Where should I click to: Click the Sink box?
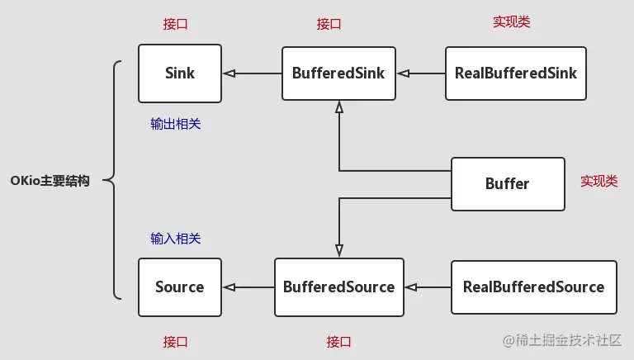(180, 73)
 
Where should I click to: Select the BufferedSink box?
(338, 73)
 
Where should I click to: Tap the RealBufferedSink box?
(516, 73)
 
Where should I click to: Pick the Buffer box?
(507, 183)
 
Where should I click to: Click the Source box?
(180, 287)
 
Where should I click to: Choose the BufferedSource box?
(338, 287)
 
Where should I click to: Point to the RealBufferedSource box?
(533, 287)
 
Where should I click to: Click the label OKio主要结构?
(50, 181)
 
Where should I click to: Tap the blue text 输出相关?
(176, 124)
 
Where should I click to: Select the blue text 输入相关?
(176, 239)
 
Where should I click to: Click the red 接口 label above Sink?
(176, 24)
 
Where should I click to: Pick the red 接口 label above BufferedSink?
(329, 24)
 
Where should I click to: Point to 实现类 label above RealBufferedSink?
(512, 22)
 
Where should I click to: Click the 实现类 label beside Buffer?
(599, 181)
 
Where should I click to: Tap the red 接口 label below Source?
(176, 341)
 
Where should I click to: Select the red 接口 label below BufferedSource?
(339, 341)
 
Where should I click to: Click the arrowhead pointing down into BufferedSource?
(338, 251)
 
